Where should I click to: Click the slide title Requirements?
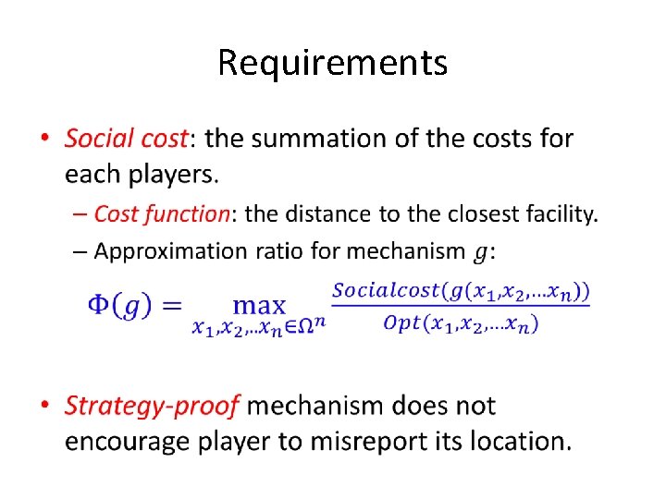(x=333, y=63)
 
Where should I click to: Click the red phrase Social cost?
(x=126, y=139)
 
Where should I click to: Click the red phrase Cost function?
(x=162, y=214)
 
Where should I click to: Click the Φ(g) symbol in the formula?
(x=120, y=305)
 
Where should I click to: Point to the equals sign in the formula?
(x=174, y=305)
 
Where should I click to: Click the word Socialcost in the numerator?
(x=387, y=290)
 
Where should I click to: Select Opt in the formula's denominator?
(x=401, y=323)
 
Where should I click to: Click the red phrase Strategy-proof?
(x=153, y=406)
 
